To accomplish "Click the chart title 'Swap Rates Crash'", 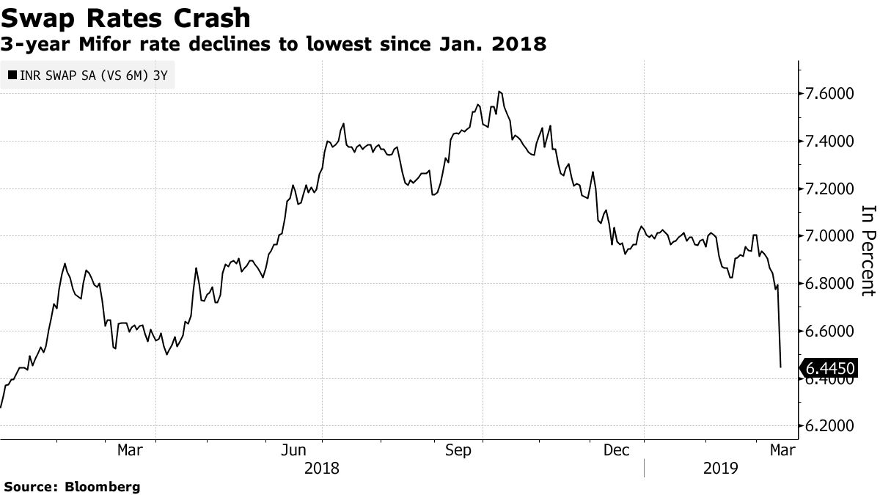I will click(x=126, y=18).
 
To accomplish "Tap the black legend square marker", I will click(x=12, y=75).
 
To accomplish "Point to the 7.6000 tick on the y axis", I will click(x=830, y=94).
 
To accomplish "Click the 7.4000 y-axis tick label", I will click(x=830, y=142).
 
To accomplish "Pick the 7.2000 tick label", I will click(x=830, y=189).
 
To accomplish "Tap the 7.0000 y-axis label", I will click(x=830, y=236).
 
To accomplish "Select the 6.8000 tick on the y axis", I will click(x=830, y=284).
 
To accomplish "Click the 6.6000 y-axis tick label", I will click(x=830, y=331).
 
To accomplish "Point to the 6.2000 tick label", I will click(x=830, y=426).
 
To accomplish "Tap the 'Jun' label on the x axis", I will click(x=293, y=450).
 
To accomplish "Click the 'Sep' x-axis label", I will click(x=458, y=450).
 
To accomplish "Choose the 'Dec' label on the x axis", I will click(x=616, y=450).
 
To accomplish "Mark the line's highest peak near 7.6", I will click(x=499, y=92).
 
